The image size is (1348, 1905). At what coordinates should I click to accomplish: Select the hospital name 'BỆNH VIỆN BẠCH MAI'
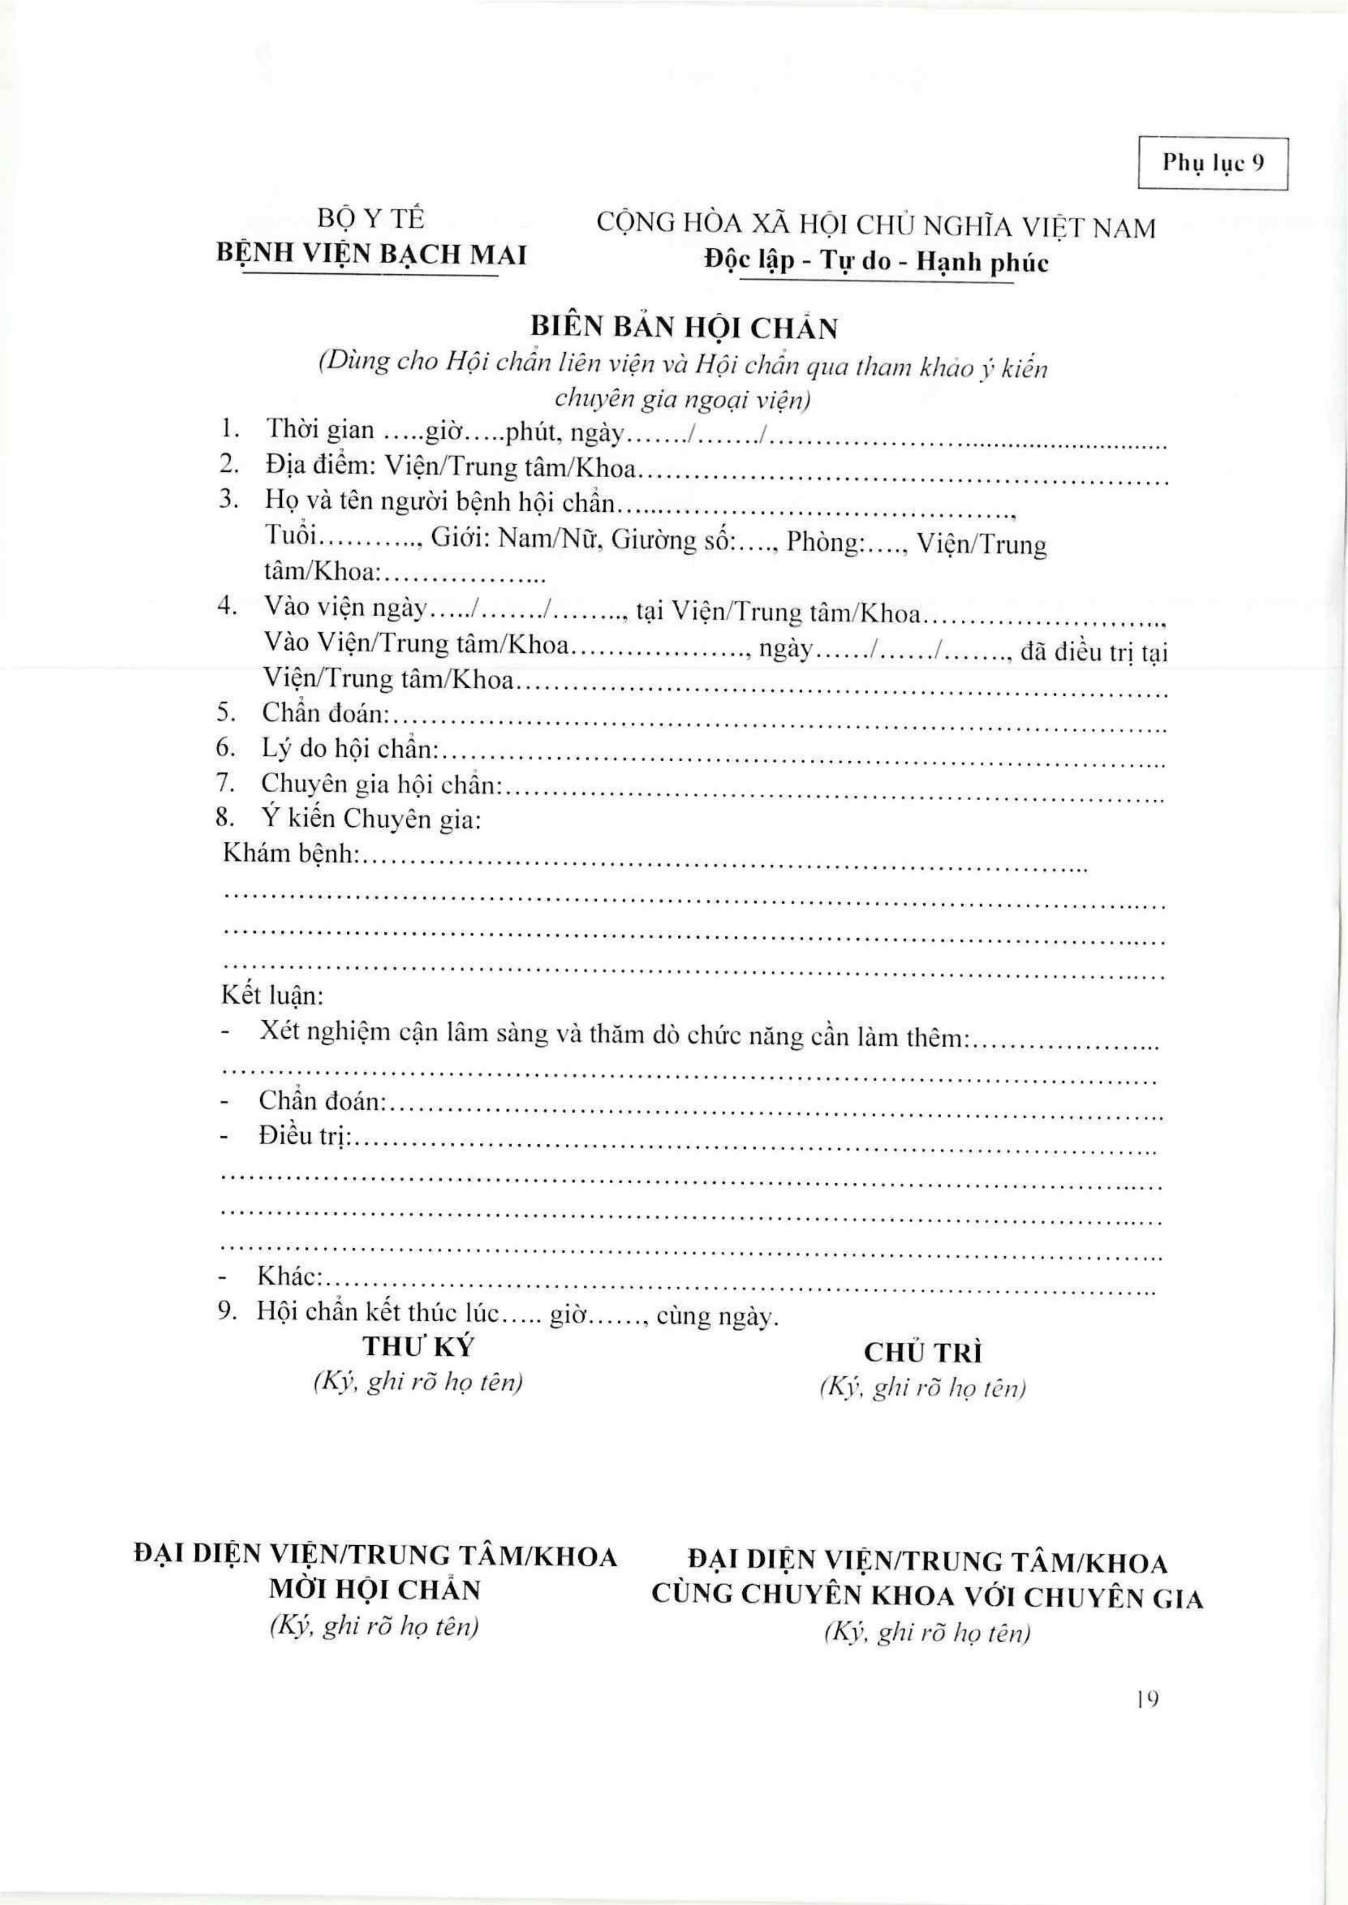coord(371,254)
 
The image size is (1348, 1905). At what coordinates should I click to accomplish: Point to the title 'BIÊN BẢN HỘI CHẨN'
coord(683,329)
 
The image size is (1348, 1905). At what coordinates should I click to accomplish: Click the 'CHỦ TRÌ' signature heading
coord(923,1353)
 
